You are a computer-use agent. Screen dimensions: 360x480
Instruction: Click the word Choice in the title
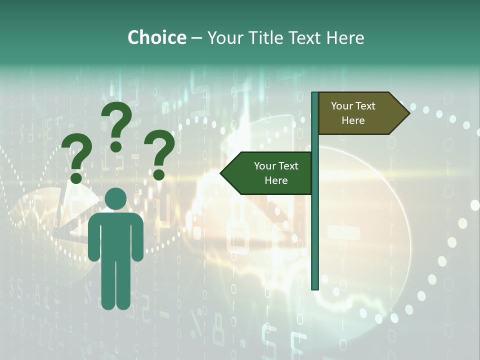pyautogui.click(x=156, y=38)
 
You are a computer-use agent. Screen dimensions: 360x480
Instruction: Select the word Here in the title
pyautogui.click(x=345, y=38)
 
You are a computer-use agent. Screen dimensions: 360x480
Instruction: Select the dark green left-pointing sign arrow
pyautogui.click(x=267, y=173)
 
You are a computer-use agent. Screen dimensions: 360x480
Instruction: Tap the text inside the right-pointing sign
pyautogui.click(x=353, y=113)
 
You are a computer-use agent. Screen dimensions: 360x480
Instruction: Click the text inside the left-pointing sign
pyautogui.click(x=276, y=173)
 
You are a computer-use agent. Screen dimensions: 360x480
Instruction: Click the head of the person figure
pyautogui.click(x=116, y=198)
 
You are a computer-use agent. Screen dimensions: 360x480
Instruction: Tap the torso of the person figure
pyautogui.click(x=116, y=235)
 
